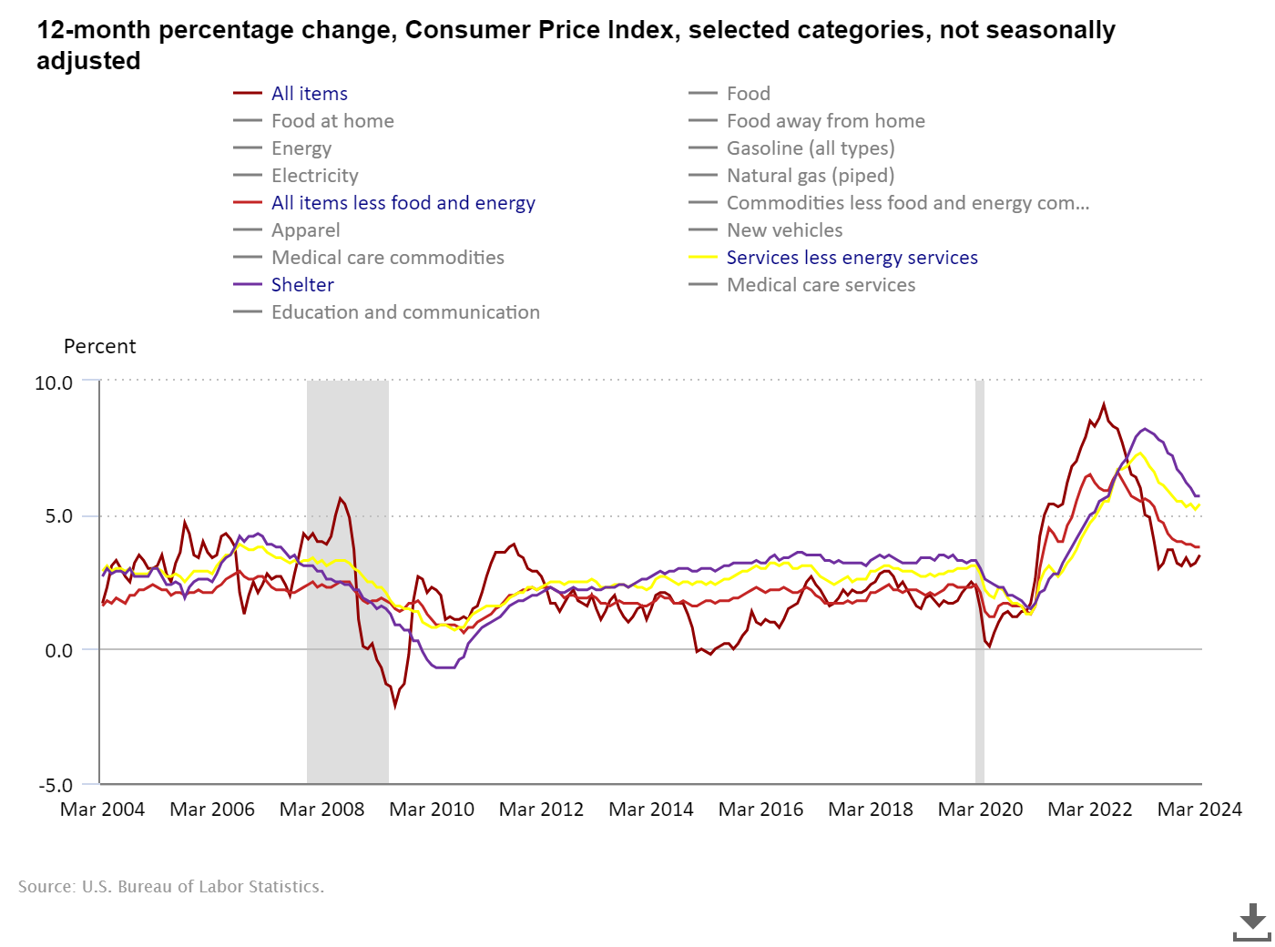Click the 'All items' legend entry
tap(309, 94)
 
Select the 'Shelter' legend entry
tap(302, 285)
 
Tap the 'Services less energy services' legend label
tap(852, 258)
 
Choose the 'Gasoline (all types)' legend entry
tap(810, 148)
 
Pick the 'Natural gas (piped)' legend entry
tap(810, 176)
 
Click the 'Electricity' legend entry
tap(314, 176)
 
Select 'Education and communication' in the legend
tap(405, 312)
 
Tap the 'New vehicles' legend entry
tap(784, 230)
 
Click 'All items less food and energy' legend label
tap(403, 203)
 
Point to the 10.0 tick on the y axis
tap(54, 383)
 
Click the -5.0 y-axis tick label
tap(55, 785)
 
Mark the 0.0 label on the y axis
tap(57, 650)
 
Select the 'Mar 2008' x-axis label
tap(321, 810)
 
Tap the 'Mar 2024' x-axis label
tap(1198, 810)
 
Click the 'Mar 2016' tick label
tap(760, 810)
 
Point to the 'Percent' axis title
tap(99, 347)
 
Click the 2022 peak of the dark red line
tap(1104, 405)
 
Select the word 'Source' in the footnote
tap(46, 887)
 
